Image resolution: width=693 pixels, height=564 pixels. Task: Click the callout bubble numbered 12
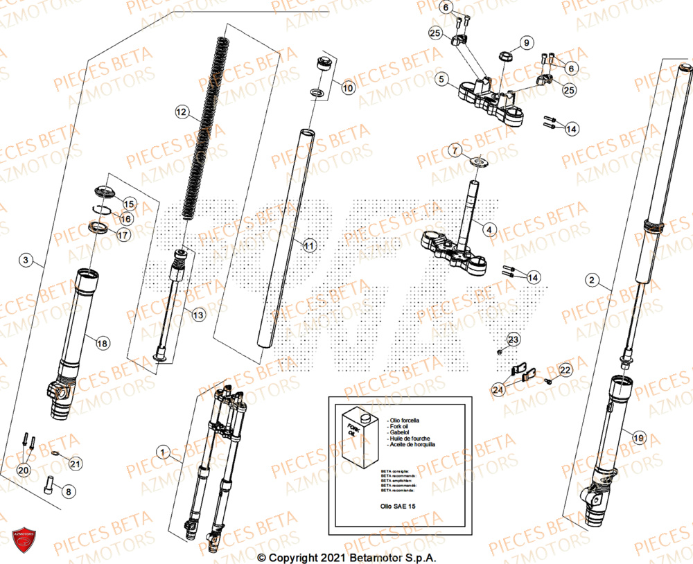[x=182, y=111]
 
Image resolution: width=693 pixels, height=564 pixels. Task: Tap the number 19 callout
[x=638, y=437]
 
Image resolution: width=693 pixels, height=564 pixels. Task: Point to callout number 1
[x=163, y=452]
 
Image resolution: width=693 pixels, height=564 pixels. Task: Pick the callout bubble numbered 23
[x=513, y=340]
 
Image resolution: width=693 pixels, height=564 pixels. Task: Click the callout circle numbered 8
[x=68, y=491]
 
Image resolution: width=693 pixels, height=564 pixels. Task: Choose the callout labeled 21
[x=76, y=464]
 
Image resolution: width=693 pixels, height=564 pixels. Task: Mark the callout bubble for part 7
[x=474, y=150]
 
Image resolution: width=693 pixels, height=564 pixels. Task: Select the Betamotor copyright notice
[x=346, y=557]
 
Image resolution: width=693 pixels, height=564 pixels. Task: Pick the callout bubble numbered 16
[x=125, y=218]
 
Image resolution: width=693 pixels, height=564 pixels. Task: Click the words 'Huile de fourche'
[x=410, y=439]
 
